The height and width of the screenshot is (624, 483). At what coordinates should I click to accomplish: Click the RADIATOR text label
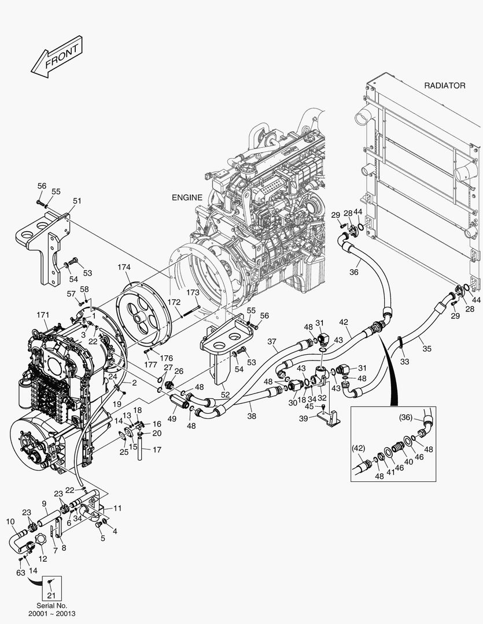[x=444, y=86]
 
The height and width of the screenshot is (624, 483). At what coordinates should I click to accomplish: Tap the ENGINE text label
[x=187, y=197]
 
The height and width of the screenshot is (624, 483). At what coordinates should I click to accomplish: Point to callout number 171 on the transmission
[x=42, y=314]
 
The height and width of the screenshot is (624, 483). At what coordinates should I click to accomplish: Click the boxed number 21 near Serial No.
[x=51, y=596]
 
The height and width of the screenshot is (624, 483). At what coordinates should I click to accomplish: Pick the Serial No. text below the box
[x=50, y=606]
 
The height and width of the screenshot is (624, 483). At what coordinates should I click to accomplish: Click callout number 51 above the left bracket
[x=77, y=201]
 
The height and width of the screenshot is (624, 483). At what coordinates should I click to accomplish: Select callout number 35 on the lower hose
[x=427, y=349]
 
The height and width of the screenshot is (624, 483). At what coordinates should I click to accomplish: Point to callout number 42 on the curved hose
[x=344, y=321]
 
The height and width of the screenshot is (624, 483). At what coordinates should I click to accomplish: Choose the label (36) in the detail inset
[x=407, y=417]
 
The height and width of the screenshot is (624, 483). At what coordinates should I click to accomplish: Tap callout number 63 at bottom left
[x=20, y=573]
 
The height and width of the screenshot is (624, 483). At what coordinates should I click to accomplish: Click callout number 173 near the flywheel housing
[x=193, y=293]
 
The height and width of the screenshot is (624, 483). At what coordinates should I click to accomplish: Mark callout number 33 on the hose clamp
[x=404, y=362]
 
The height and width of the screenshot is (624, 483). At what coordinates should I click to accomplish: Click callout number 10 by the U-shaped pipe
[x=10, y=522]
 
